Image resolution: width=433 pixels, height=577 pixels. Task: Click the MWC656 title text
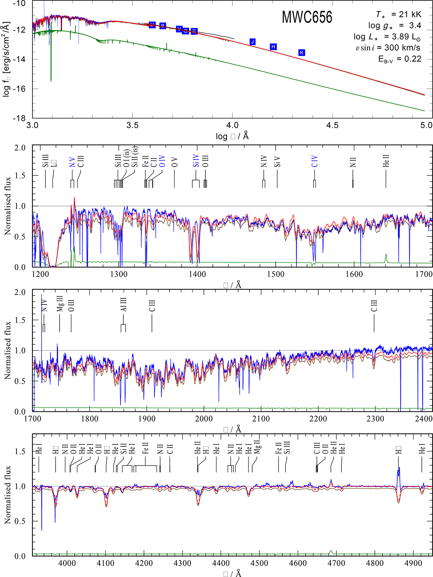(307, 17)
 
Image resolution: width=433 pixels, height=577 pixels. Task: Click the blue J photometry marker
(253, 42)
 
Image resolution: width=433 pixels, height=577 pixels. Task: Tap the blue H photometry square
(274, 47)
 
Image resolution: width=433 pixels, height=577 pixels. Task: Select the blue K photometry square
(302, 53)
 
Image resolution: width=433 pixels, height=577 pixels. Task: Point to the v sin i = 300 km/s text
(388, 48)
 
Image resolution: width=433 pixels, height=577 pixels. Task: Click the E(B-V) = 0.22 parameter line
(399, 59)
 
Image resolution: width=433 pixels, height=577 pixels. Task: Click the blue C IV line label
(314, 161)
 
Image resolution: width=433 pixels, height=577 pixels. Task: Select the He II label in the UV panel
(386, 161)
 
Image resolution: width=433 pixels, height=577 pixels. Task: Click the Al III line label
(123, 305)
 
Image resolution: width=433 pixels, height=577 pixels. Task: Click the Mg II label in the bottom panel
(257, 447)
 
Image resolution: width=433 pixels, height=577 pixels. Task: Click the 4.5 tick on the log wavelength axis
(332, 125)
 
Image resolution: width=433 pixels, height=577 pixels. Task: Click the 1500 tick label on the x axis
(276, 274)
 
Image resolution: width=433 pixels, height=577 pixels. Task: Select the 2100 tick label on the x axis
(261, 419)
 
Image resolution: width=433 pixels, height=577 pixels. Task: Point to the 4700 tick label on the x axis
(336, 563)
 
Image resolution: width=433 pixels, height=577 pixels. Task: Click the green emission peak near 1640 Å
(386, 255)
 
